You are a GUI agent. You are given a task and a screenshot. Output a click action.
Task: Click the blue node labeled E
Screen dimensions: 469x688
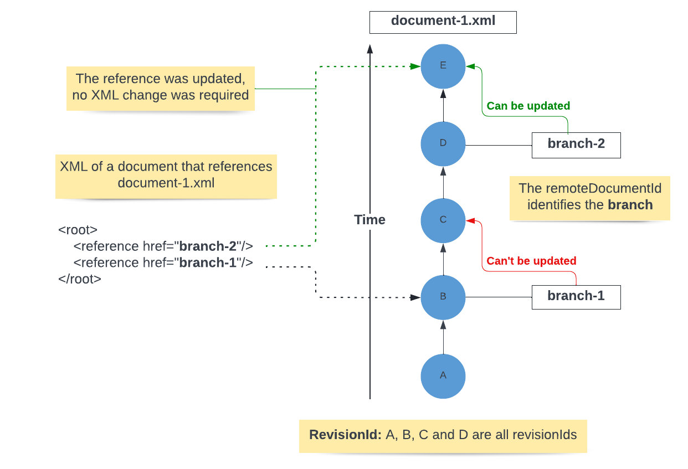(443, 66)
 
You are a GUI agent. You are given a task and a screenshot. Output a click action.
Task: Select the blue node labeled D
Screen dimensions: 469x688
(443, 143)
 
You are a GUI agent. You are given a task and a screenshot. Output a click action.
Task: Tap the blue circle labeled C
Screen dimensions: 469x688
(443, 220)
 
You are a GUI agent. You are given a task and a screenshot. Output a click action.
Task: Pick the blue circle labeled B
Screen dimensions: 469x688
(443, 297)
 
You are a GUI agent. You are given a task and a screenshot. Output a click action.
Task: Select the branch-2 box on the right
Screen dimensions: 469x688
(576, 145)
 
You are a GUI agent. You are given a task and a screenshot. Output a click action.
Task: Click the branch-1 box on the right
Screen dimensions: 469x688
(576, 296)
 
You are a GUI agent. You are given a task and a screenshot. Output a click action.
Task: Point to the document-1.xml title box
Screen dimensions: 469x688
(443, 22)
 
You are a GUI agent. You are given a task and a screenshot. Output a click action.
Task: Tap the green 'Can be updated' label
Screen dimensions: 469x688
(528, 106)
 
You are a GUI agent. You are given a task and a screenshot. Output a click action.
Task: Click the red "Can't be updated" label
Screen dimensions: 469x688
(531, 261)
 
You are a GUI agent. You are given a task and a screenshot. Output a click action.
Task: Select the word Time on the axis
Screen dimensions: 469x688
(369, 220)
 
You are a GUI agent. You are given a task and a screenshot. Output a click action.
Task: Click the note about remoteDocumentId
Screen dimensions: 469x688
(589, 197)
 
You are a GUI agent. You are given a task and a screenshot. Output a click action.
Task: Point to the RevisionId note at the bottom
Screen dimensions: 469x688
(443, 435)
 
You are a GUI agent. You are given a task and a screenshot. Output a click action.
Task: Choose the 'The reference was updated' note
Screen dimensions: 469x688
(160, 87)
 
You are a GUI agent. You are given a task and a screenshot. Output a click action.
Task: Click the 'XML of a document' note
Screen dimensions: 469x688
(166, 175)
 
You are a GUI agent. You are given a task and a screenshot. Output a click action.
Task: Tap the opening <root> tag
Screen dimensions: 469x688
(78, 230)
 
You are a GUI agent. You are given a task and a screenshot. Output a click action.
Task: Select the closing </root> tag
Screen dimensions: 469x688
(80, 279)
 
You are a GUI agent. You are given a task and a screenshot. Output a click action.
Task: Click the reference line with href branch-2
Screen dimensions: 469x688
(163, 246)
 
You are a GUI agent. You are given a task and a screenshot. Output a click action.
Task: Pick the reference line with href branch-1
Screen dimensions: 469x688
(163, 262)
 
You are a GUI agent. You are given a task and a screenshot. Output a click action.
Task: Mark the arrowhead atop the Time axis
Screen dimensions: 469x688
(369, 49)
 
